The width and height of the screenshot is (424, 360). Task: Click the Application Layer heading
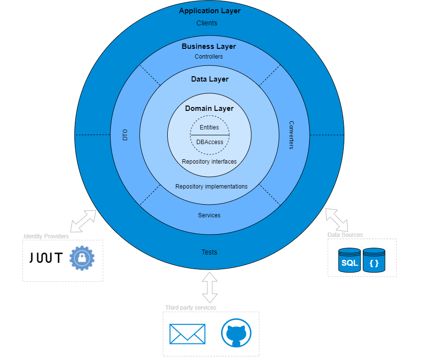pyautogui.click(x=209, y=11)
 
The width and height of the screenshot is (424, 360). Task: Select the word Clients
pyautogui.click(x=207, y=23)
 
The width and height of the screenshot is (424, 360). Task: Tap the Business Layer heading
pyautogui.click(x=209, y=46)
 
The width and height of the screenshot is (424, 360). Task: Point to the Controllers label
pyautogui.click(x=209, y=57)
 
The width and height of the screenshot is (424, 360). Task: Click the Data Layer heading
pyautogui.click(x=209, y=79)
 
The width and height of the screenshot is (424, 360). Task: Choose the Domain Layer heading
pyautogui.click(x=209, y=108)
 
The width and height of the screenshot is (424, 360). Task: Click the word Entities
pyautogui.click(x=209, y=127)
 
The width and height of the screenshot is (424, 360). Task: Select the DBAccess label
pyautogui.click(x=209, y=142)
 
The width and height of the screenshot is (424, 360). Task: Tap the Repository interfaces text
pyautogui.click(x=209, y=162)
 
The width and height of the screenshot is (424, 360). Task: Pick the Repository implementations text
pyautogui.click(x=211, y=187)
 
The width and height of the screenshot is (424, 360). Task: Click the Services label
pyautogui.click(x=209, y=215)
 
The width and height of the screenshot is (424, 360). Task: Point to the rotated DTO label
pyautogui.click(x=125, y=135)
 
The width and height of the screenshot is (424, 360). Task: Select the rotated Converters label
pyautogui.click(x=291, y=135)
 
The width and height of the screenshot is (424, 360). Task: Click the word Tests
pyautogui.click(x=209, y=253)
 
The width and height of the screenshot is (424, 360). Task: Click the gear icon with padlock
pyautogui.click(x=82, y=258)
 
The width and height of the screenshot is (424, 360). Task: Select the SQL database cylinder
pyautogui.click(x=349, y=260)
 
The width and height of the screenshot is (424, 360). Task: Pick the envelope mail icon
pyautogui.click(x=187, y=334)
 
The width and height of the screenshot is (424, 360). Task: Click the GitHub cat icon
pyautogui.click(x=236, y=334)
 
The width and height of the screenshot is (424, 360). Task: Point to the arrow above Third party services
pyautogui.click(x=210, y=288)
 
